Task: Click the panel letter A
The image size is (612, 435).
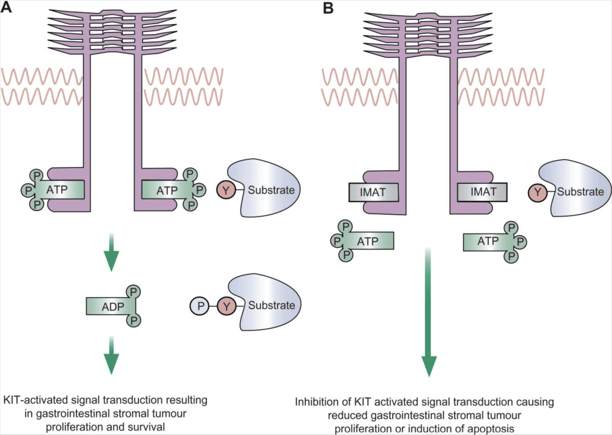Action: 6,7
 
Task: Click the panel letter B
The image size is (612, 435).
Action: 328,8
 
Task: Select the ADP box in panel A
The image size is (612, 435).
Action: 111,307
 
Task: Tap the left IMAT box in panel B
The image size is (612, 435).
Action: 373,192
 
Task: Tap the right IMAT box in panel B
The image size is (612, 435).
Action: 483,192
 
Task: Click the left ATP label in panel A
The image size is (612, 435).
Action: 57,190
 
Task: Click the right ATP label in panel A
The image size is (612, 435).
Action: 167,191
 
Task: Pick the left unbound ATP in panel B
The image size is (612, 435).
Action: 367,241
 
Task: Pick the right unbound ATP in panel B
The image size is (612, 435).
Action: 488,241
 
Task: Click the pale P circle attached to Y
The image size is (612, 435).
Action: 200,306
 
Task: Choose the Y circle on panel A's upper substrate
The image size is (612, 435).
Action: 226,190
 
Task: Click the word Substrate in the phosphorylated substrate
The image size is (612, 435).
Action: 271,305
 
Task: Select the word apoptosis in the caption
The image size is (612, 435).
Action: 490,429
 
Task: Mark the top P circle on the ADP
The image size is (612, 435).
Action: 133,292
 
